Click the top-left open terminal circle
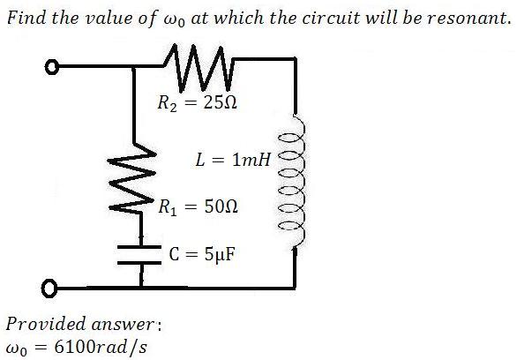(x=52, y=67)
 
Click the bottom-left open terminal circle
(x=49, y=289)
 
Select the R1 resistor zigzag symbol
(x=131, y=179)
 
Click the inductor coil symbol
(x=292, y=181)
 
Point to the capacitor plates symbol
(x=139, y=254)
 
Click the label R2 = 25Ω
(x=197, y=103)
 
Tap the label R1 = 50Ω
(x=198, y=207)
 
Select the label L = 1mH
(x=233, y=160)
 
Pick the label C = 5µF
(x=202, y=254)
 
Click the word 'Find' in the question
(x=26, y=17)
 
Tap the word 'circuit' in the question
(x=331, y=18)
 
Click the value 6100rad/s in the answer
(x=101, y=347)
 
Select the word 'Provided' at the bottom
(x=46, y=324)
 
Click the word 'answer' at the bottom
(x=123, y=325)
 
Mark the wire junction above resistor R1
(x=133, y=67)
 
